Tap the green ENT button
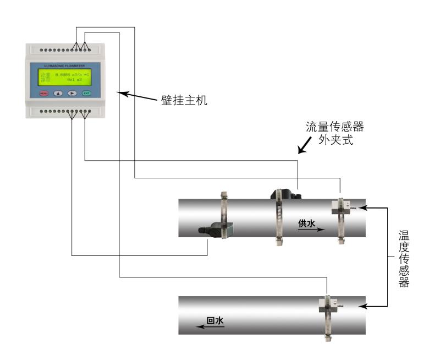86,93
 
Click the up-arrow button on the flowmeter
58,93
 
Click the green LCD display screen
65,77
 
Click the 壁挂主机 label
189,101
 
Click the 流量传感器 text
335,127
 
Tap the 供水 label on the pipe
307,223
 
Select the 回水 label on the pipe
215,321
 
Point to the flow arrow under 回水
211,327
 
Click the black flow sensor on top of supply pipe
283,195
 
